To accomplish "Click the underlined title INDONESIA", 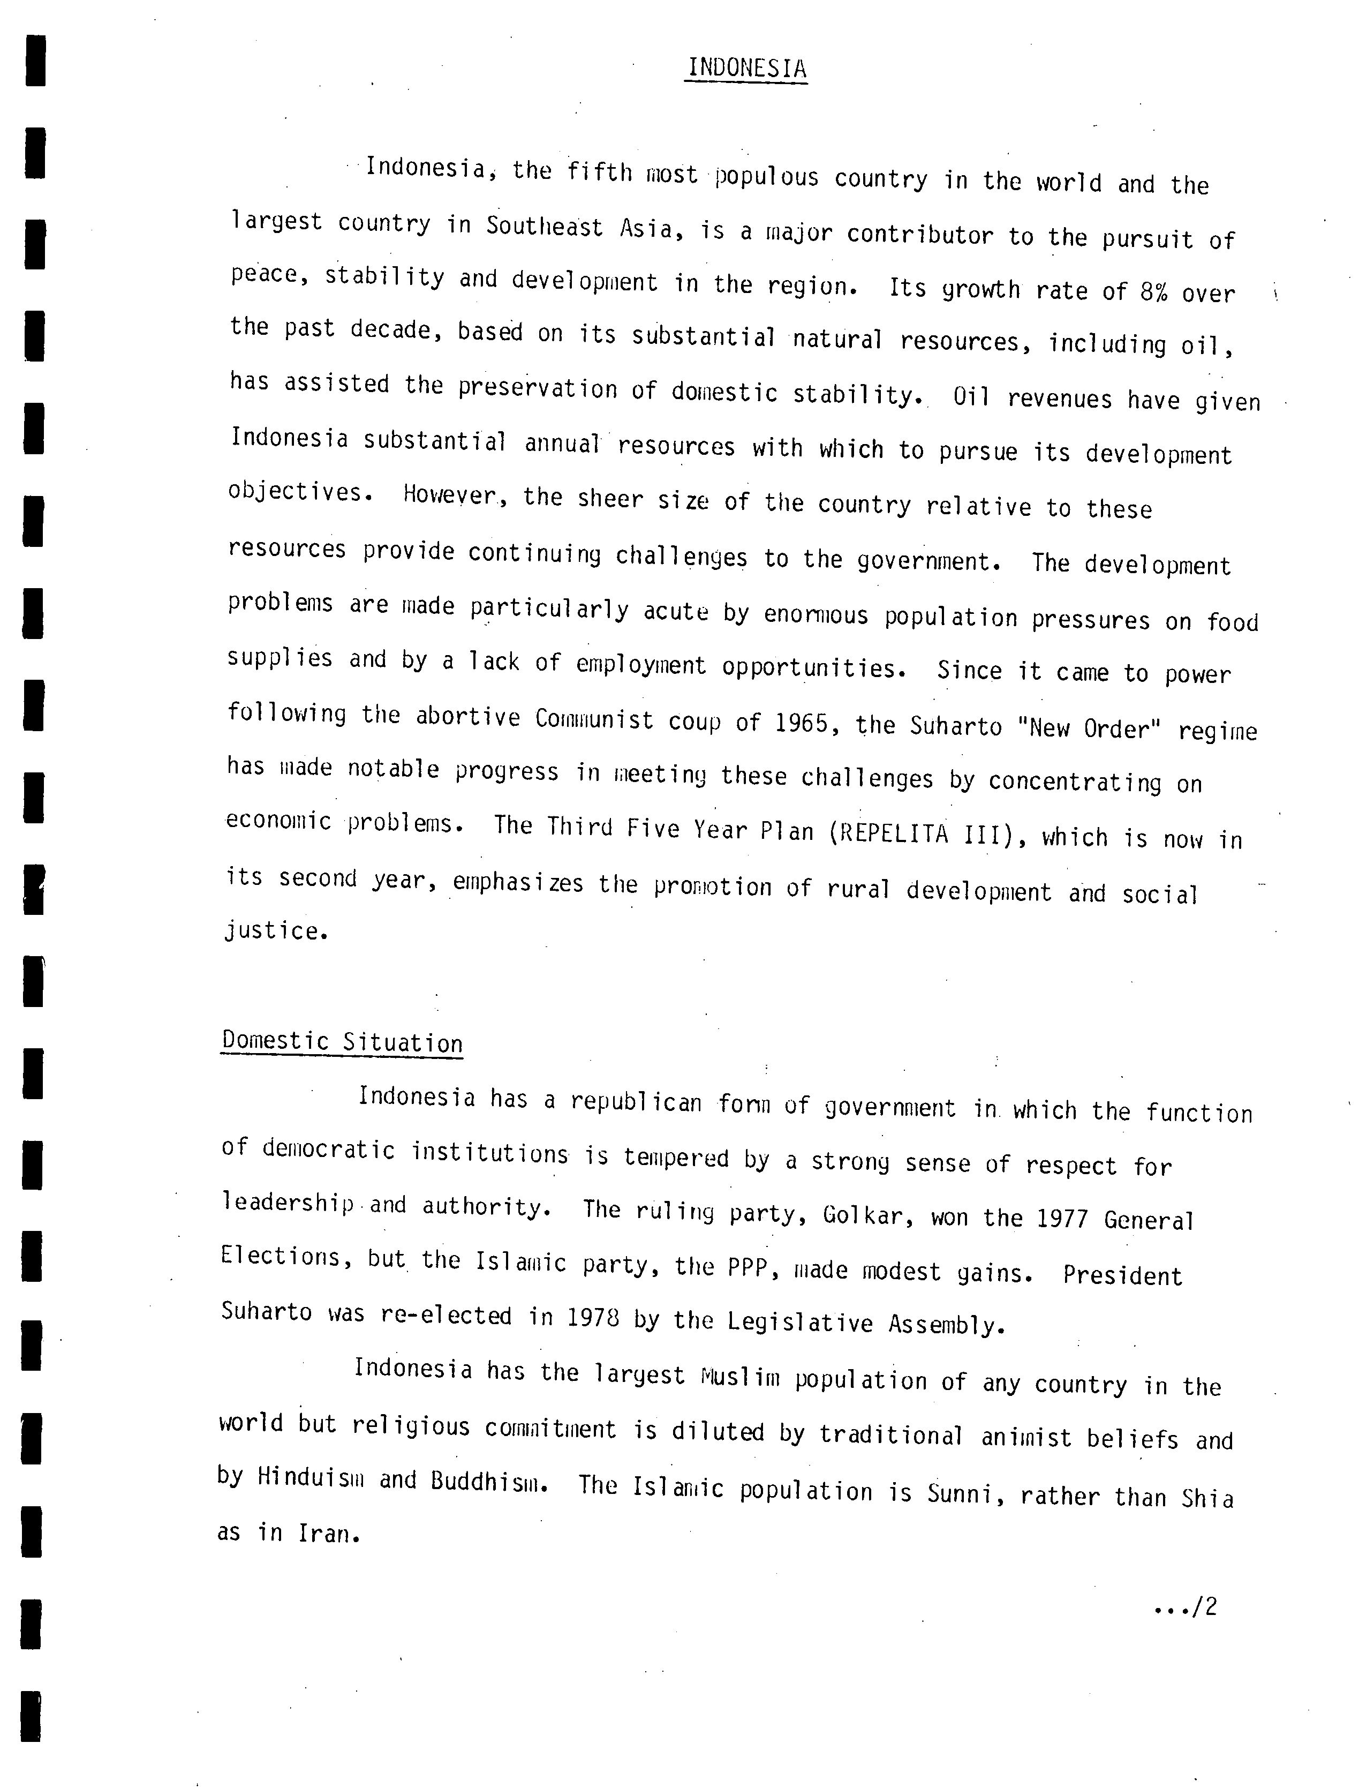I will point(746,69).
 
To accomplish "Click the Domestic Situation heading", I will point(342,1041).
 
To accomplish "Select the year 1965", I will point(801,722).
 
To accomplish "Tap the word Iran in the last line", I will point(327,1533).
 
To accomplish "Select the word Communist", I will point(594,718).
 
